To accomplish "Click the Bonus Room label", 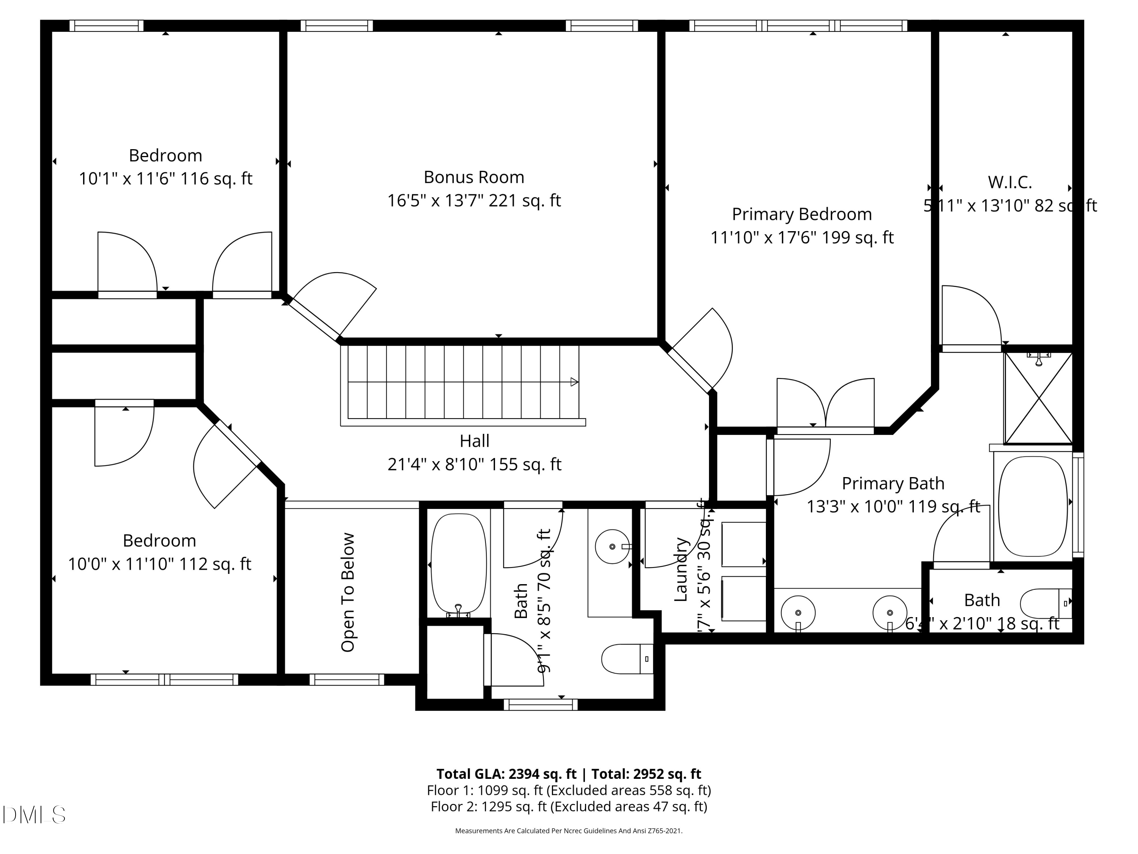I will point(473,177).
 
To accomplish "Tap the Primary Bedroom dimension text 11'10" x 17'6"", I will point(802,238).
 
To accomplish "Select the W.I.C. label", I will point(1009,182).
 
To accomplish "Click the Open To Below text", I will point(348,592).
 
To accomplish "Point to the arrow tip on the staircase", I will point(575,382).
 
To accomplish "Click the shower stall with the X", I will point(1038,398).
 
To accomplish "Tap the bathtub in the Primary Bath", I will point(1033,506).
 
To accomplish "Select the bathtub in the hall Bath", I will point(458,564).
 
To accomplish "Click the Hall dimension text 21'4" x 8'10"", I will point(474,464).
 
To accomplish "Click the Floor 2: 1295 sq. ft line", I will point(569,806).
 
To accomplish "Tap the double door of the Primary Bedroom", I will point(825,407).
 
